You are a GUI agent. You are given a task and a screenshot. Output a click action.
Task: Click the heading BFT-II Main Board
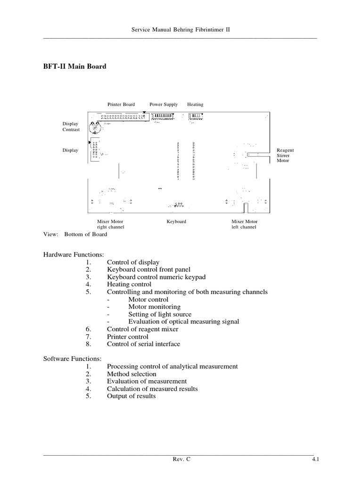coord(75,67)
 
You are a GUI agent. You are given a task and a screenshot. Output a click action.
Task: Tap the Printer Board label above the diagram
coord(121,104)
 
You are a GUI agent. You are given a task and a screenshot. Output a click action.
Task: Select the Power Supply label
coord(164,104)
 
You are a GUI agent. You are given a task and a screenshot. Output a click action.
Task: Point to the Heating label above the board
coord(195,104)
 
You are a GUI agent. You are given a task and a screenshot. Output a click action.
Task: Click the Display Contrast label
coord(71,126)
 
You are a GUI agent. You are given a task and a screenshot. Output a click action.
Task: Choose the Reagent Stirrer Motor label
coord(285,155)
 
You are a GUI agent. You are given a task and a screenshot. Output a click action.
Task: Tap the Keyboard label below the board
coord(176,221)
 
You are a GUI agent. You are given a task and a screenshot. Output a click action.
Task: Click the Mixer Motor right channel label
coord(111,224)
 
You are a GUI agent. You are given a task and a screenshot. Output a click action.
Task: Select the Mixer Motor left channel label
coord(245,224)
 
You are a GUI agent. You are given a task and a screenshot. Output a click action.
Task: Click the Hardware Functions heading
coord(73,255)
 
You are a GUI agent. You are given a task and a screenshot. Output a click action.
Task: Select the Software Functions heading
coord(72,359)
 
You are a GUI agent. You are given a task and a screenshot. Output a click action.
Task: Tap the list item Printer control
coord(127,336)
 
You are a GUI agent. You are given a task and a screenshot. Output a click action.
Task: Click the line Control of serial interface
coord(143,344)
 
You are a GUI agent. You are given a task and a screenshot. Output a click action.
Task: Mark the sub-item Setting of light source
coord(160,314)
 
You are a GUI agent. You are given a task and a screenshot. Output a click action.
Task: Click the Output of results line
coord(131,396)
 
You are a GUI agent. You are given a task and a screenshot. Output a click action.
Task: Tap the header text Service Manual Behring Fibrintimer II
coord(181,30)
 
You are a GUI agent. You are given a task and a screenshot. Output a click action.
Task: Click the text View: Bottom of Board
coord(75,234)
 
